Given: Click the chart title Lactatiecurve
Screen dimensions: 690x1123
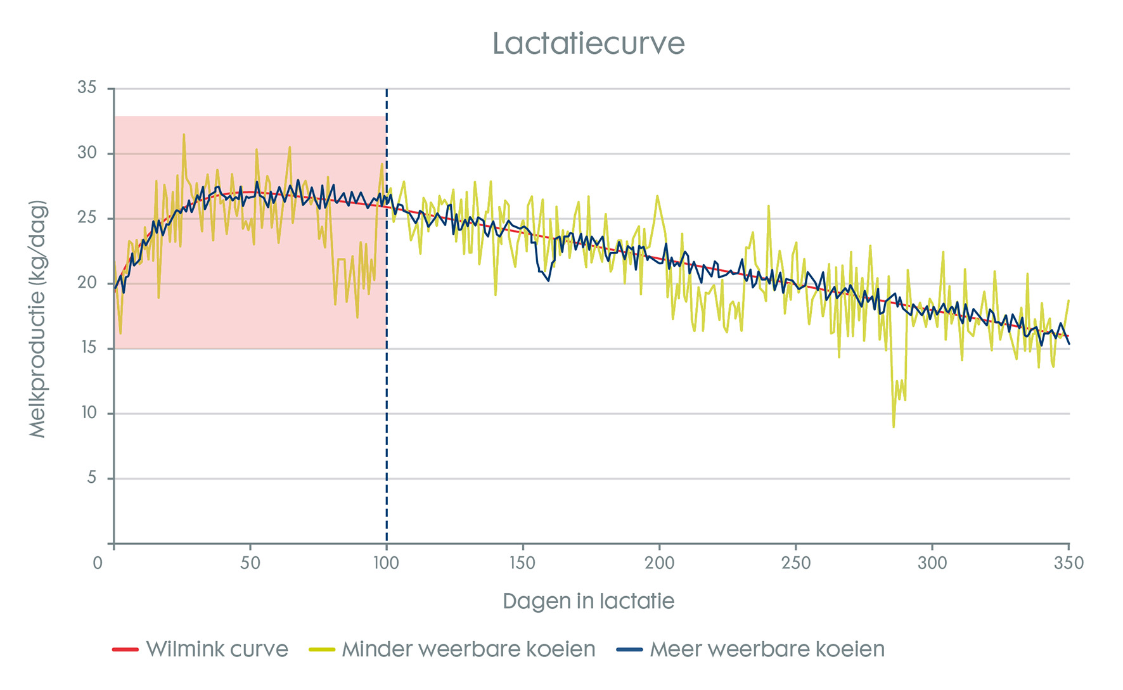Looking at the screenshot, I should pos(588,44).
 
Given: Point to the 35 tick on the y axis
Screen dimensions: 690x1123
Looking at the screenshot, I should pos(87,87).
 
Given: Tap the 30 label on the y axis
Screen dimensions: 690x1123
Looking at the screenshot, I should pos(87,153).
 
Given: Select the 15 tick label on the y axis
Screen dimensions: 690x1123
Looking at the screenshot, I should pos(87,348).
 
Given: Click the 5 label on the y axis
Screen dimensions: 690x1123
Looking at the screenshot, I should pos(92,478).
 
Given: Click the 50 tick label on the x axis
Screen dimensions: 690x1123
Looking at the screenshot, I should pos(250,563).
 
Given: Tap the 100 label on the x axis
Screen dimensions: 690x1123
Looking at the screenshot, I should pos(386,563).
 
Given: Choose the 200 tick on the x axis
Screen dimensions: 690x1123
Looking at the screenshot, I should pos(659,563).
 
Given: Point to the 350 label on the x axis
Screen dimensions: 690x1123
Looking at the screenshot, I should pos(1068,563).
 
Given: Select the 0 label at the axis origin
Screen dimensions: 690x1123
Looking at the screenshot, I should pos(98,563).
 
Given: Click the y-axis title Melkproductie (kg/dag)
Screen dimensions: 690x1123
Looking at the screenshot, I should pos(38,319).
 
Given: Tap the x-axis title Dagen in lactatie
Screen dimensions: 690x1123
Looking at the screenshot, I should pos(588,601).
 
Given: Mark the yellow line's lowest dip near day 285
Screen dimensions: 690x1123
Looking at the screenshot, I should pos(894,426).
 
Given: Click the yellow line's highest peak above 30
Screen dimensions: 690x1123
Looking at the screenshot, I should pos(184,134).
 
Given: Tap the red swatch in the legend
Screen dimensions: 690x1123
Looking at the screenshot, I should pos(125,650).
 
